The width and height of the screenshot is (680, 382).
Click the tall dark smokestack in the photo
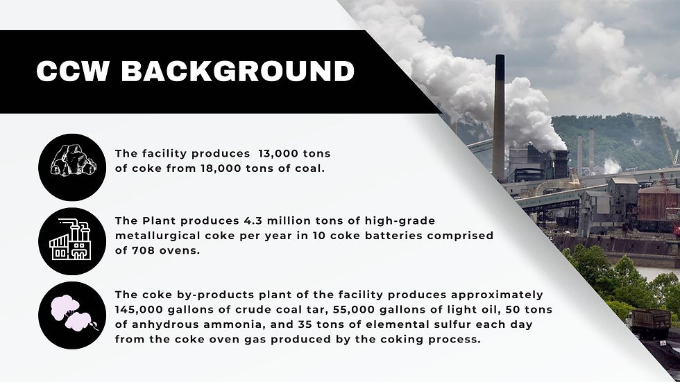[498, 121]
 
